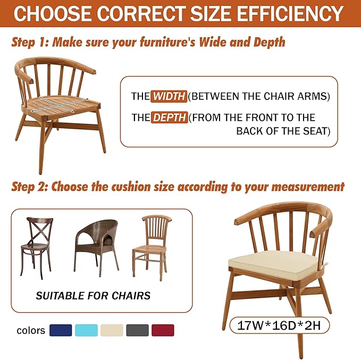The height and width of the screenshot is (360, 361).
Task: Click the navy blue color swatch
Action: click(61, 330)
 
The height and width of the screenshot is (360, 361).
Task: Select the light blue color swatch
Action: click(86, 330)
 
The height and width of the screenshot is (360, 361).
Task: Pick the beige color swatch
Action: click(112, 330)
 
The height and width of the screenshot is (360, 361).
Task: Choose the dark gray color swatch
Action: click(137, 330)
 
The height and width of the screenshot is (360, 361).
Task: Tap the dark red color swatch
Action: click(163, 330)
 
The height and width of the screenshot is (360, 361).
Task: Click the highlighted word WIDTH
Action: click(169, 96)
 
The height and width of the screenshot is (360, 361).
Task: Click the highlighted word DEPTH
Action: click(170, 118)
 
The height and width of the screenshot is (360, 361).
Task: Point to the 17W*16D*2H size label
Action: click(279, 325)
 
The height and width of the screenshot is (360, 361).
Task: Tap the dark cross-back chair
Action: click(36, 248)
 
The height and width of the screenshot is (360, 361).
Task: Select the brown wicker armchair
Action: click(96, 248)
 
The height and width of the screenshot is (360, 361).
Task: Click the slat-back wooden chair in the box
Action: click(152, 248)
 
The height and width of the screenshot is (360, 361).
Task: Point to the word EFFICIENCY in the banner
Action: click(290, 13)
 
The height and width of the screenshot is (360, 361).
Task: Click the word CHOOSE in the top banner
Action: click(53, 13)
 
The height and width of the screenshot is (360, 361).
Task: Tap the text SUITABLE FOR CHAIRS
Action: click(93, 296)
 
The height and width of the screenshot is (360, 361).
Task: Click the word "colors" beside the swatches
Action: click(31, 331)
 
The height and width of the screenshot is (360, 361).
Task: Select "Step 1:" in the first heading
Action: click(30, 43)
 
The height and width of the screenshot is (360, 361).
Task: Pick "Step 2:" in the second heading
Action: click(30, 187)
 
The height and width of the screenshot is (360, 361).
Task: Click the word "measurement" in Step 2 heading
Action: click(308, 187)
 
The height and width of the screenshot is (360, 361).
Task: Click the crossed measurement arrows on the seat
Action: click(60, 104)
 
